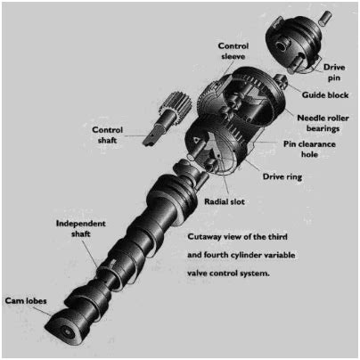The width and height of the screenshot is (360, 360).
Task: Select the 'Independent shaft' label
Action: [x=81, y=227]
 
